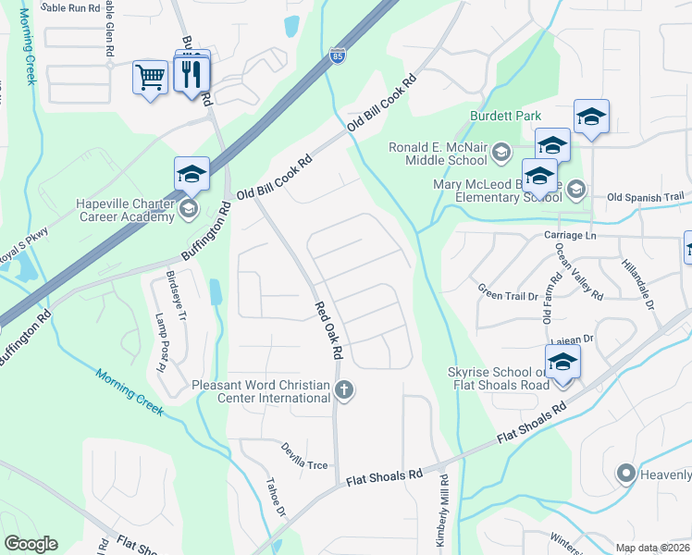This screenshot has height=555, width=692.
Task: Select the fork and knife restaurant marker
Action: (x=192, y=73)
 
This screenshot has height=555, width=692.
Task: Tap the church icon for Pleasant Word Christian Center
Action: (x=344, y=389)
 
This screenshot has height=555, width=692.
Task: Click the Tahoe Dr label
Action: (x=276, y=497)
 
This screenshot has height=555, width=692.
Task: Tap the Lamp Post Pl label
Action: (x=160, y=343)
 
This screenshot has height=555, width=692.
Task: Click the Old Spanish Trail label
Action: (x=645, y=197)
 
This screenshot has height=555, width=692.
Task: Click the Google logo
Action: (x=31, y=544)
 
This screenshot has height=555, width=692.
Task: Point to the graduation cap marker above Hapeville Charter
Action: (x=192, y=174)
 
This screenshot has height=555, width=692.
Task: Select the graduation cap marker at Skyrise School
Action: (x=562, y=363)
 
